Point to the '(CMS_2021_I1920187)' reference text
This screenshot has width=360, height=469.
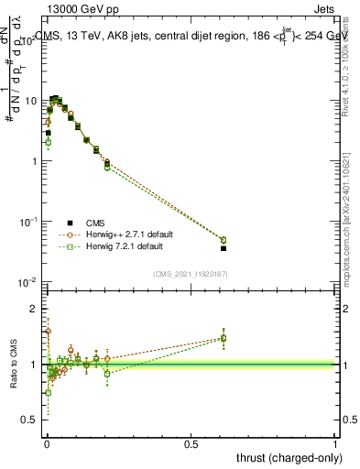pos(191,273)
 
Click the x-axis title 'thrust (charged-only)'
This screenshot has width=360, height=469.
pos(286,457)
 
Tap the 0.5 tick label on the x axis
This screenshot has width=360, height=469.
pos(191,443)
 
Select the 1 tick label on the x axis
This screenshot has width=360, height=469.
pos(336,443)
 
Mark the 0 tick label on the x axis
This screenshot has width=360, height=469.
pos(47,443)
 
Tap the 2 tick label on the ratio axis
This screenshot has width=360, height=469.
pos(36,309)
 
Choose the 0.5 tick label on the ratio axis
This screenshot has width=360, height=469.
pos(32,420)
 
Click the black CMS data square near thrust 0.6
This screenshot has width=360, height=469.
pos(224,248)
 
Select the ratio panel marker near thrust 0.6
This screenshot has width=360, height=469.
pos(224,338)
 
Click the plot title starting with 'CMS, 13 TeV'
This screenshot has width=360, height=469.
pos(191,37)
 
